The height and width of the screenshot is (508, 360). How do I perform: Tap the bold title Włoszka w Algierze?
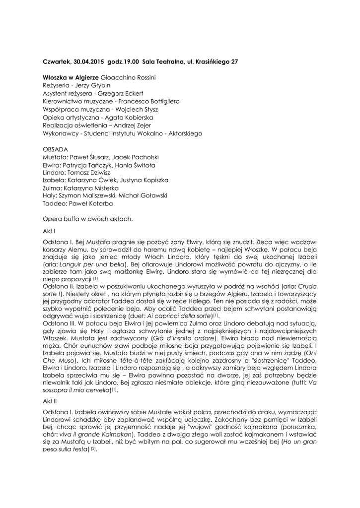pyautogui.click(x=71, y=78)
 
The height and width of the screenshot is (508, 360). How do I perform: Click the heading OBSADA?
pyautogui.click(x=56, y=149)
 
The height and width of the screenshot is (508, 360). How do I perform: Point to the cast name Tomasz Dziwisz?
pyautogui.click(x=91, y=173)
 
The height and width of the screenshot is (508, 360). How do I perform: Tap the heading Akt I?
pyautogui.click(x=49, y=231)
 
